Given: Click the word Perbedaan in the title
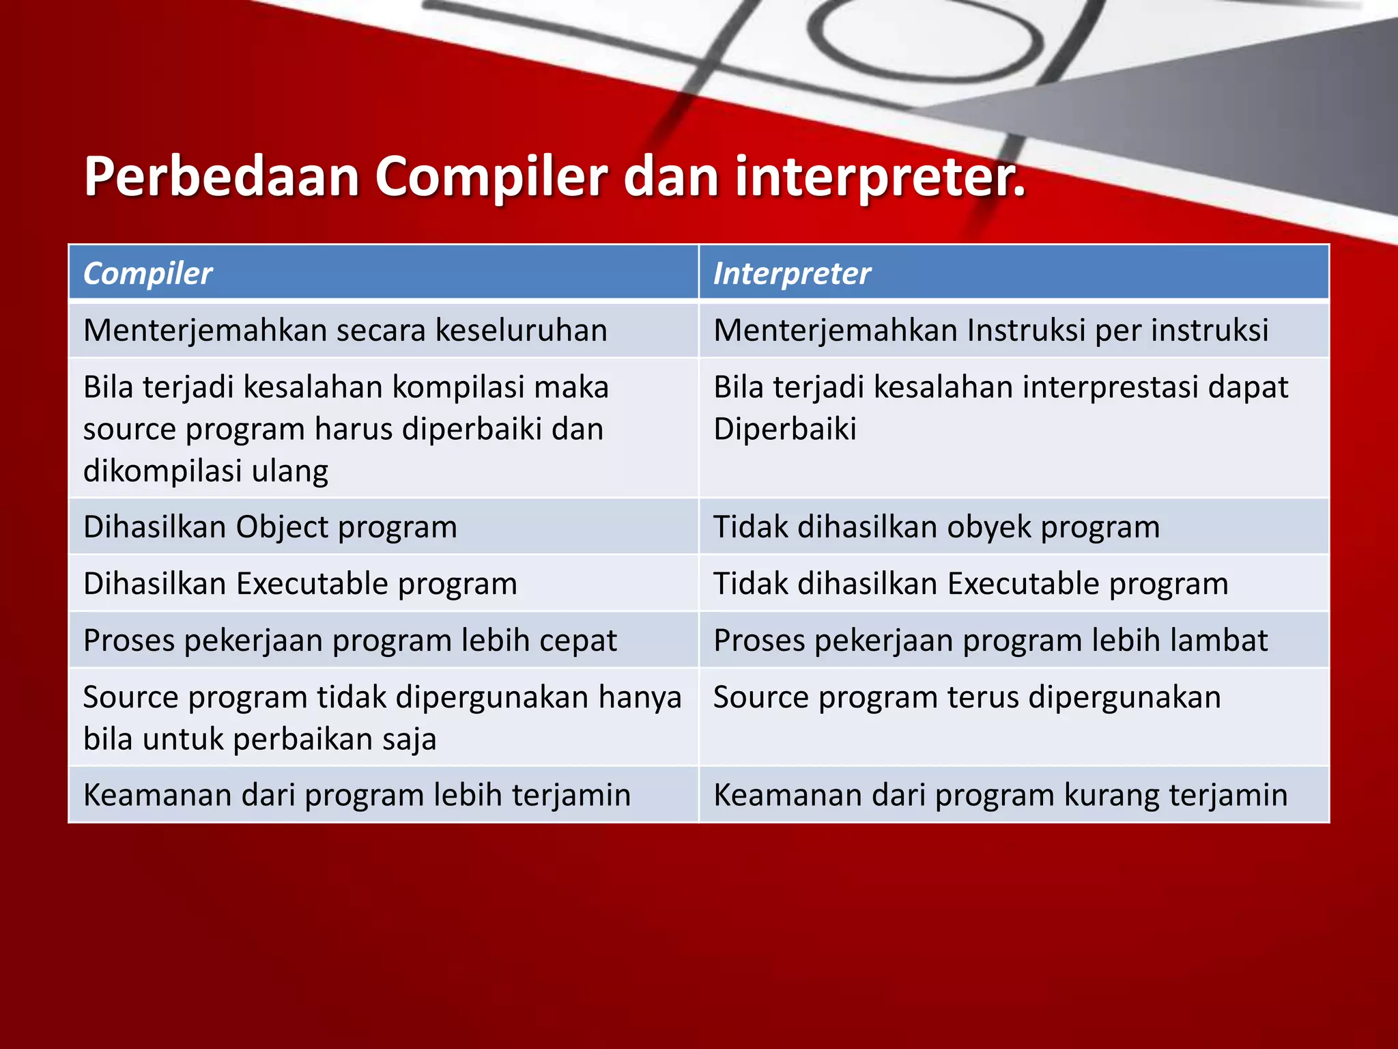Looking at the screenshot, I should pos(221,176).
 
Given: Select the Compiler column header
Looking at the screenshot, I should pos(147,273).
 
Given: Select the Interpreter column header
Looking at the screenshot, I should pos(792,273).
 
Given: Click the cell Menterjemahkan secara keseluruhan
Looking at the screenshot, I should pos(345,330).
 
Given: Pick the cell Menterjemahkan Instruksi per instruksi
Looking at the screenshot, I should pos(990,330).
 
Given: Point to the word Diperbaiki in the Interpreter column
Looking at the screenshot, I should pos(784,429).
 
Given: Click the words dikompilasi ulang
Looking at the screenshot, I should pos(205,471).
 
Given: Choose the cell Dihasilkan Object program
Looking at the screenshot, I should pos(270,527).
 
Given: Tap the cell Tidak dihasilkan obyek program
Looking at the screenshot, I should pos(936,527).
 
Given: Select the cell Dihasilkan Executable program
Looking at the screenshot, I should pos(300,584).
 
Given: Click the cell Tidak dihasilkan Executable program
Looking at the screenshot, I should pos(970,584).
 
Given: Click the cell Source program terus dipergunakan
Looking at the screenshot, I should pos(967,697).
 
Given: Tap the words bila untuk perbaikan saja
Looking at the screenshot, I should pos(259,739).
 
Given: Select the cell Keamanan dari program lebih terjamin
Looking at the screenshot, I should pos(356,795).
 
